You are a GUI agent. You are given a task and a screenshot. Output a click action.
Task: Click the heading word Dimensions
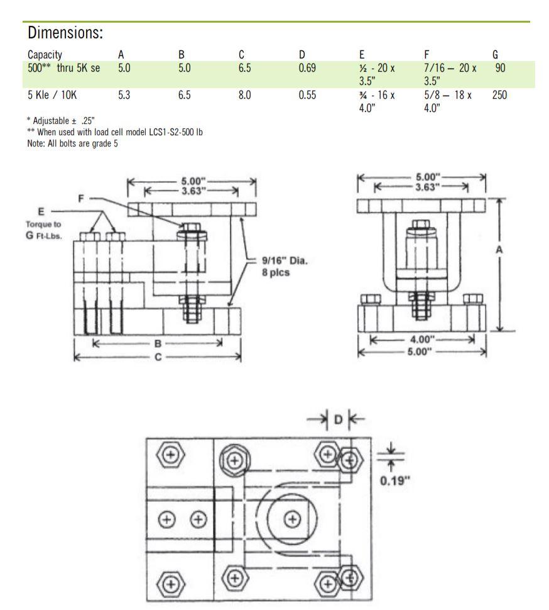[x=65, y=33]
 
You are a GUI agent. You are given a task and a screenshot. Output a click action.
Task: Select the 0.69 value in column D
[x=307, y=68]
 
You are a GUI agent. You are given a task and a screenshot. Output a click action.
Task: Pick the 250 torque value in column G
[x=499, y=96]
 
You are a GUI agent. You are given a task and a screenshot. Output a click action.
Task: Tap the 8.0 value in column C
[x=245, y=96]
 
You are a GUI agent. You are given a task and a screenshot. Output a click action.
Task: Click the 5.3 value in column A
[x=124, y=96]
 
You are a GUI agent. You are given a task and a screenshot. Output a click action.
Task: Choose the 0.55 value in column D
[x=307, y=96]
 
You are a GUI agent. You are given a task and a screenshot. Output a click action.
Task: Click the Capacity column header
[x=45, y=55]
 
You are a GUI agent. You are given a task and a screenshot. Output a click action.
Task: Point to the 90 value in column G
[x=499, y=68]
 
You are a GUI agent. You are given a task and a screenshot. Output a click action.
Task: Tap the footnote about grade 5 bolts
[x=72, y=143]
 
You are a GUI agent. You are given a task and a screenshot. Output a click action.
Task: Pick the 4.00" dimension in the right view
[x=421, y=340]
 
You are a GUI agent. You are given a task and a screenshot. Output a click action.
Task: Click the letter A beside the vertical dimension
[x=499, y=250]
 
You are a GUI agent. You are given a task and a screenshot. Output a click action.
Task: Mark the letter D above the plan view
[x=338, y=418]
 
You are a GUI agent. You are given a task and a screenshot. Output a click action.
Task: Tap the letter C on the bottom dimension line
[x=158, y=357]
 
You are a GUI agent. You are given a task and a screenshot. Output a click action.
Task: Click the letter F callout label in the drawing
[x=81, y=197]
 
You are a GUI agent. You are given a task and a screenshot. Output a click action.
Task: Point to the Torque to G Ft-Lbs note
[x=43, y=230]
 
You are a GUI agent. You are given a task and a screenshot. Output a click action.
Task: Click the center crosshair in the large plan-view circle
[x=291, y=518]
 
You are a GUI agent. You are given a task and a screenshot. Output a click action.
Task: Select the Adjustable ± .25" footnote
[x=65, y=120]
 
